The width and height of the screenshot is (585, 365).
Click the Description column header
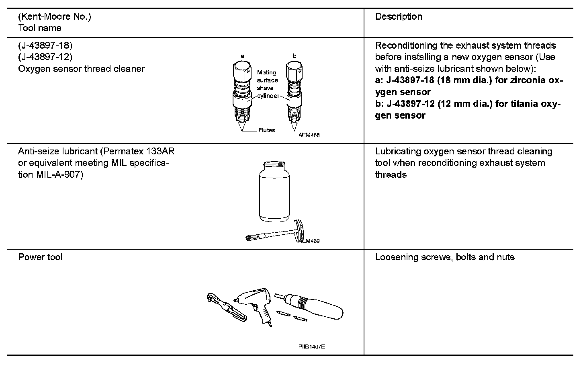(x=399, y=16)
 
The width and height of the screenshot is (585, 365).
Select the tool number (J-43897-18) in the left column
(x=45, y=45)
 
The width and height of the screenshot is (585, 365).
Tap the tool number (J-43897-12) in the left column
(x=45, y=57)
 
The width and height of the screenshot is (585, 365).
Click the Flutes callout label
(x=267, y=130)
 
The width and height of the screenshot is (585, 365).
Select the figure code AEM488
(x=309, y=135)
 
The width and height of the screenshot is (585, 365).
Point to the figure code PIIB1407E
(x=311, y=347)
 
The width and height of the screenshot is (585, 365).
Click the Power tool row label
(x=41, y=257)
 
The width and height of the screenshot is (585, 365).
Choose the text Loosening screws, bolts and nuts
(x=445, y=257)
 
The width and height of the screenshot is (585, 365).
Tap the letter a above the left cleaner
(x=242, y=56)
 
